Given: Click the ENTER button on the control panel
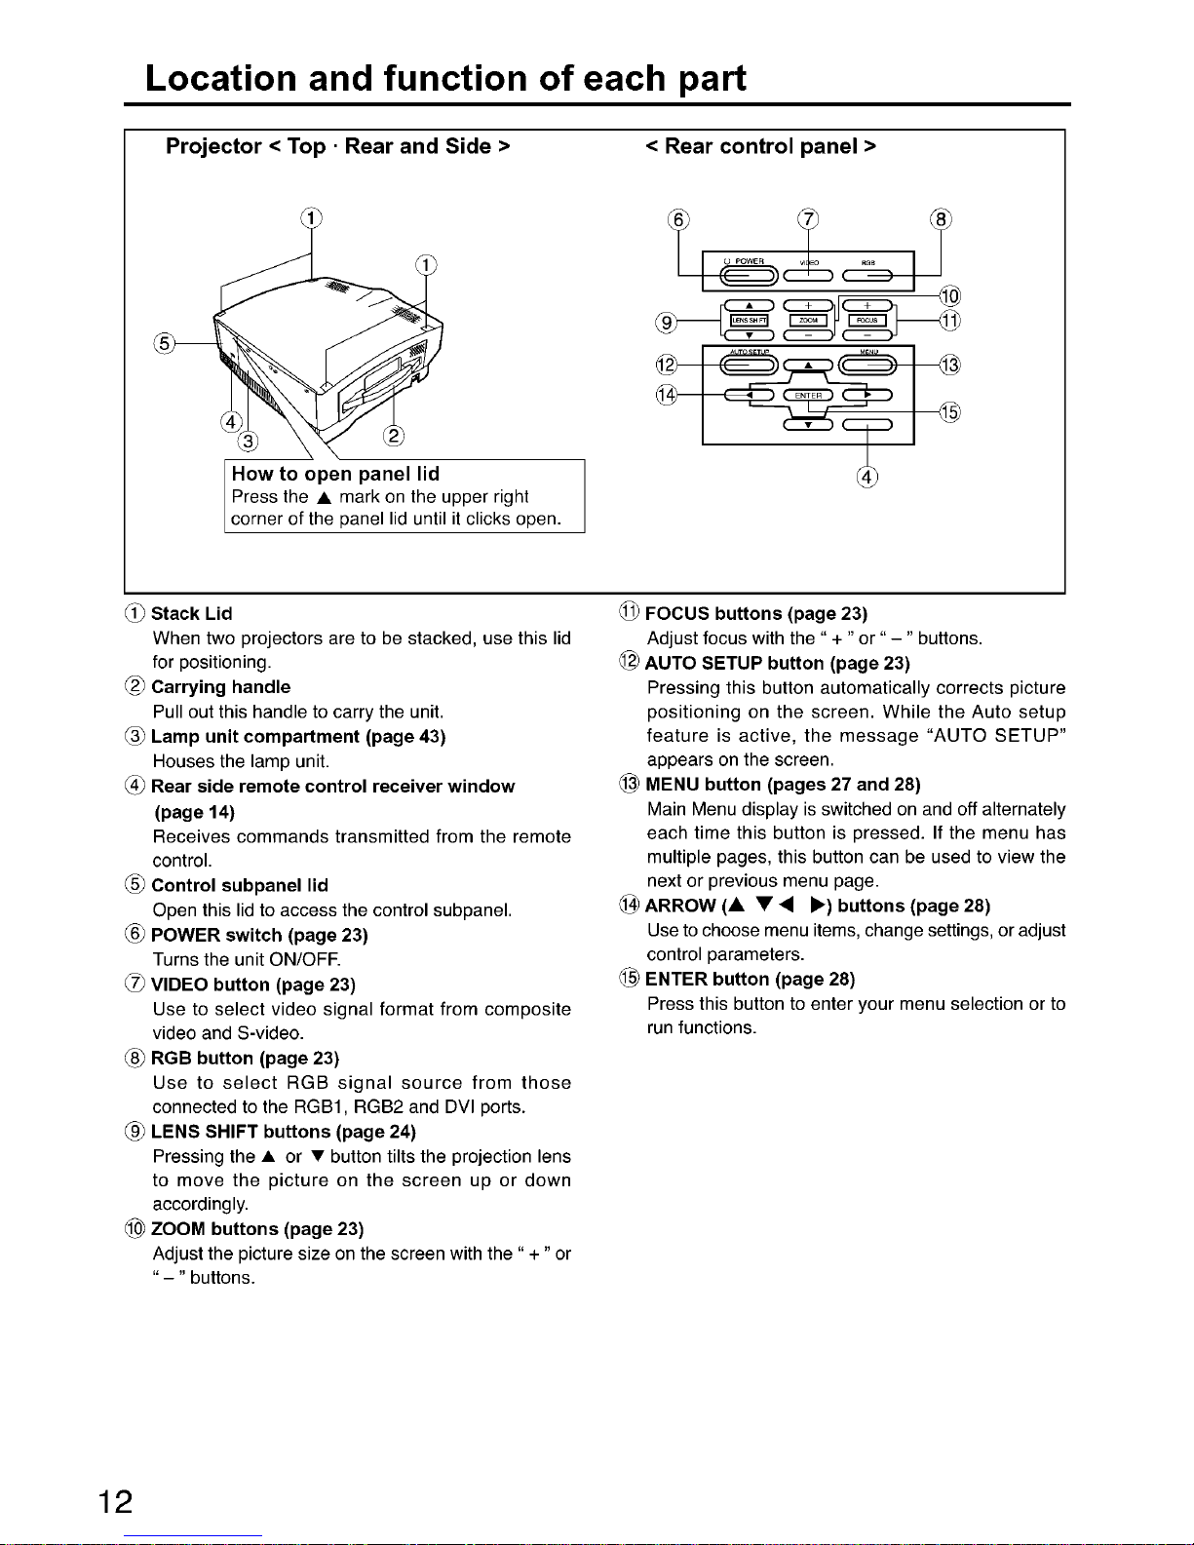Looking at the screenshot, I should coord(808,395).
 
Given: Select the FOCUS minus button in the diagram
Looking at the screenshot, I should coord(867,336).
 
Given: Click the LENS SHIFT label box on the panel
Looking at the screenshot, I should coord(751,320).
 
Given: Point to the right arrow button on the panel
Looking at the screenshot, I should coord(867,395).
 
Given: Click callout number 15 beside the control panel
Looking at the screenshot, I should coord(948,411).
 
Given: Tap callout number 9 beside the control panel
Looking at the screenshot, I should coord(668,322).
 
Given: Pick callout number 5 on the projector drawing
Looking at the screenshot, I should coord(165,342).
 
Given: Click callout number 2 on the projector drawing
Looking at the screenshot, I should coord(394,435).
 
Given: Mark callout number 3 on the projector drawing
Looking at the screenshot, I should coord(249,442).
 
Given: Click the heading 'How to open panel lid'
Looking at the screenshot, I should coord(335,475).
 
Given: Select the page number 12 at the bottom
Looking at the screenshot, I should coord(115,1500).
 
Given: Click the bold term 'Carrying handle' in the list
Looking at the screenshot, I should coord(220,687).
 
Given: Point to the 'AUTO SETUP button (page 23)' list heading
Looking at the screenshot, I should coord(777,663).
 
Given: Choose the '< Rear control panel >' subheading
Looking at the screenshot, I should coord(760,146).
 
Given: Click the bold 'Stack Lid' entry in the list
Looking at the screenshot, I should coord(191,613).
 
